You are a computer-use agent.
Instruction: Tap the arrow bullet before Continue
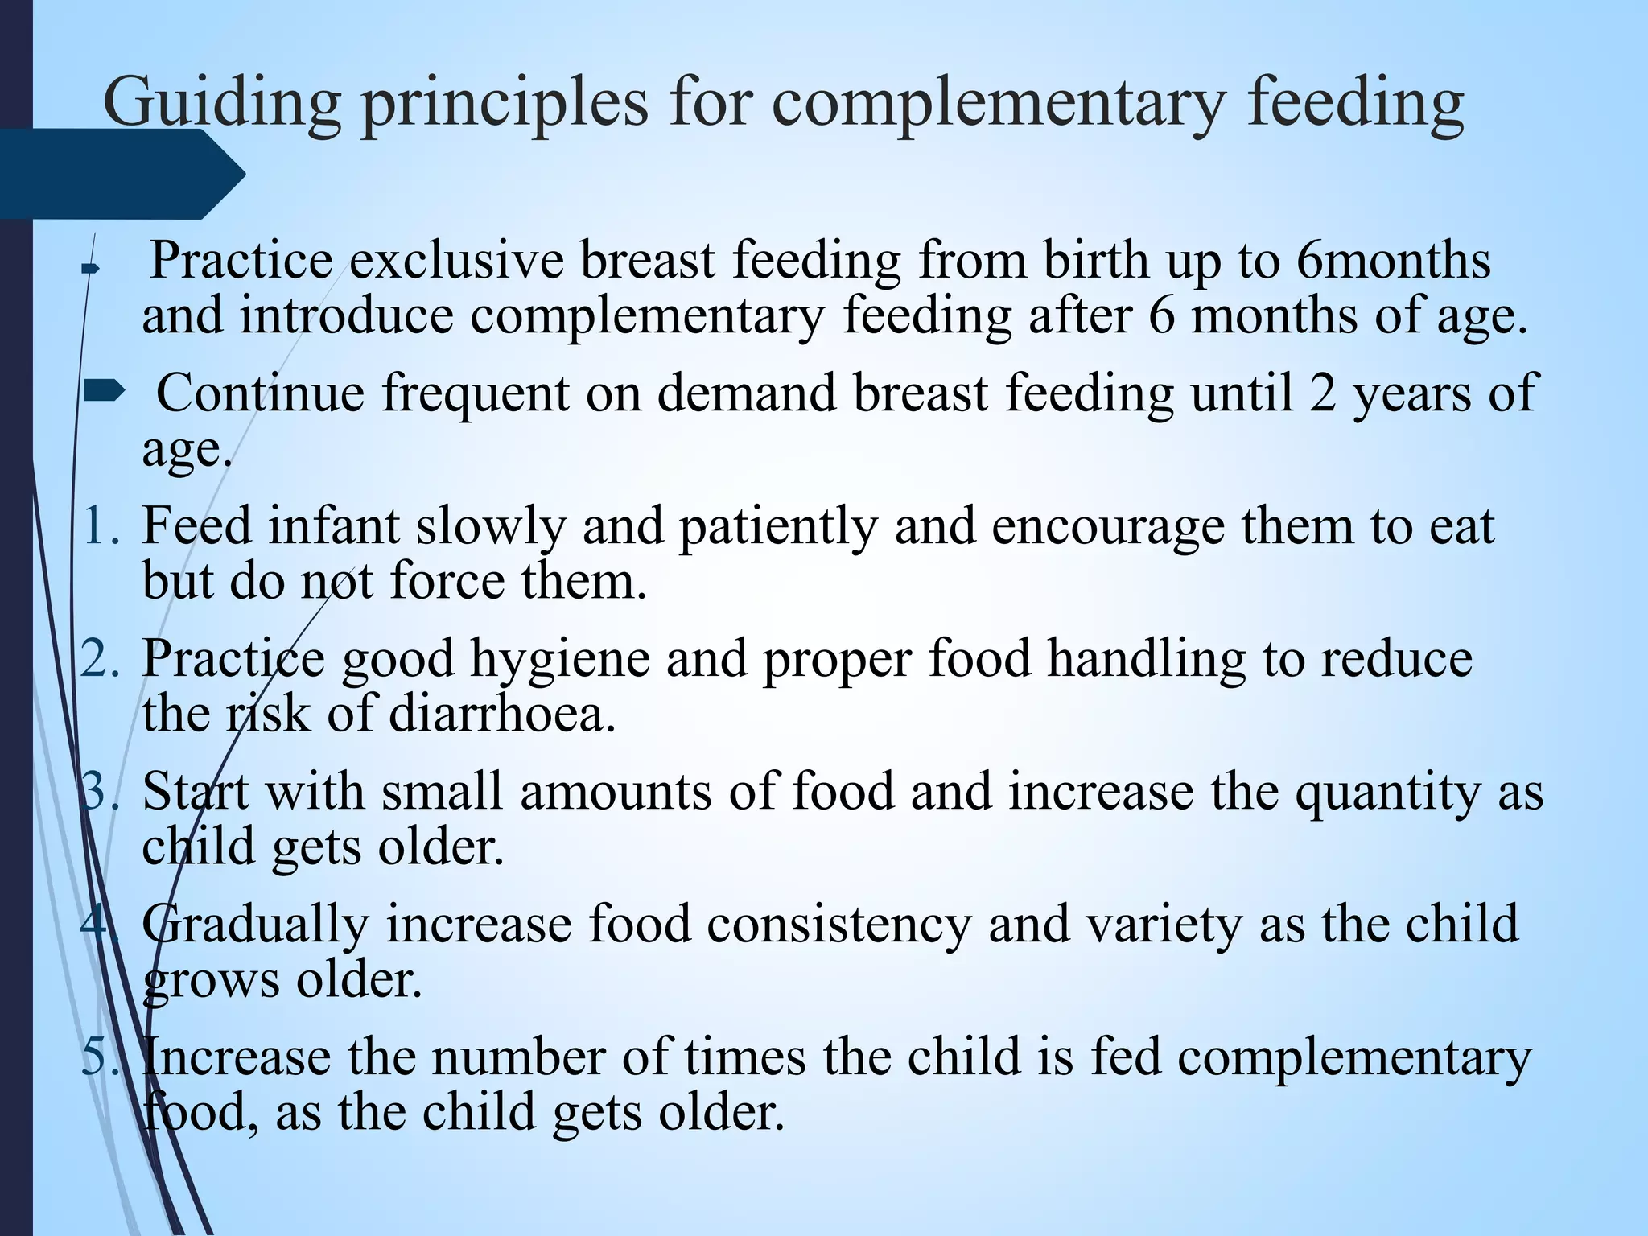coord(105,392)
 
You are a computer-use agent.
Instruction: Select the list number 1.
coord(101,527)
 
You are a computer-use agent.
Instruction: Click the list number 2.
coord(101,659)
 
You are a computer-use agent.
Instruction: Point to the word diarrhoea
coord(502,714)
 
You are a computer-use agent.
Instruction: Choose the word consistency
coord(839,925)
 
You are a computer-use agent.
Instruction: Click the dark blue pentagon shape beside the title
coord(121,174)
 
